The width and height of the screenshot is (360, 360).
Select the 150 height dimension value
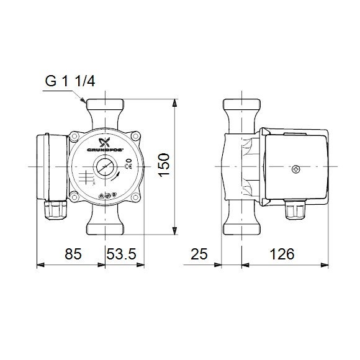[163, 166]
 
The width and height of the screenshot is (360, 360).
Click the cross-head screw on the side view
[295, 168]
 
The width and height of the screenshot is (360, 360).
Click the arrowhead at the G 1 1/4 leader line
[82, 99]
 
